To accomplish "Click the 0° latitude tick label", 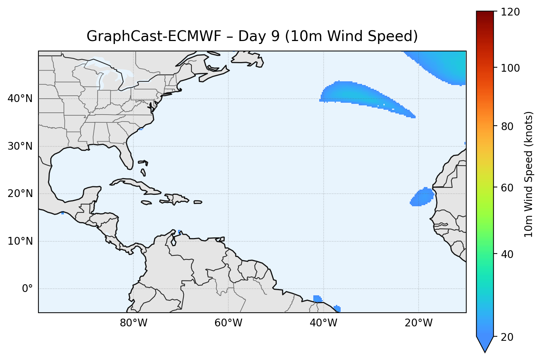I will click(x=27, y=289).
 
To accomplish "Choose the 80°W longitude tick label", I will click(x=133, y=323).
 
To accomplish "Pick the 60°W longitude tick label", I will click(x=228, y=323).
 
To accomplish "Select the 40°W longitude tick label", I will click(x=323, y=323).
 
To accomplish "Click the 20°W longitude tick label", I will click(x=418, y=323).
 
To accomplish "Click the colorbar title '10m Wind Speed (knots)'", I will click(x=529, y=174).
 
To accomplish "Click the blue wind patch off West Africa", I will click(x=422, y=197).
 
